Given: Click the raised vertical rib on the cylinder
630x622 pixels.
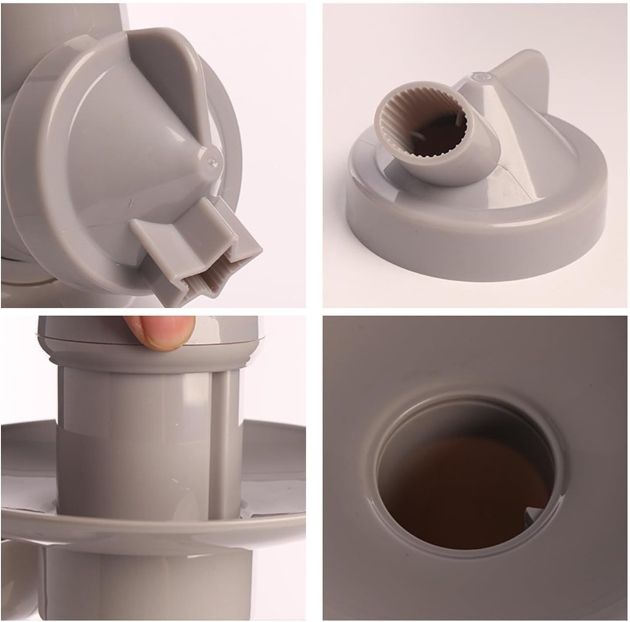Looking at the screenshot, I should click(x=225, y=443).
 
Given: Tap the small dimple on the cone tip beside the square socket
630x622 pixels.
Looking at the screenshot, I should click(x=213, y=161).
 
